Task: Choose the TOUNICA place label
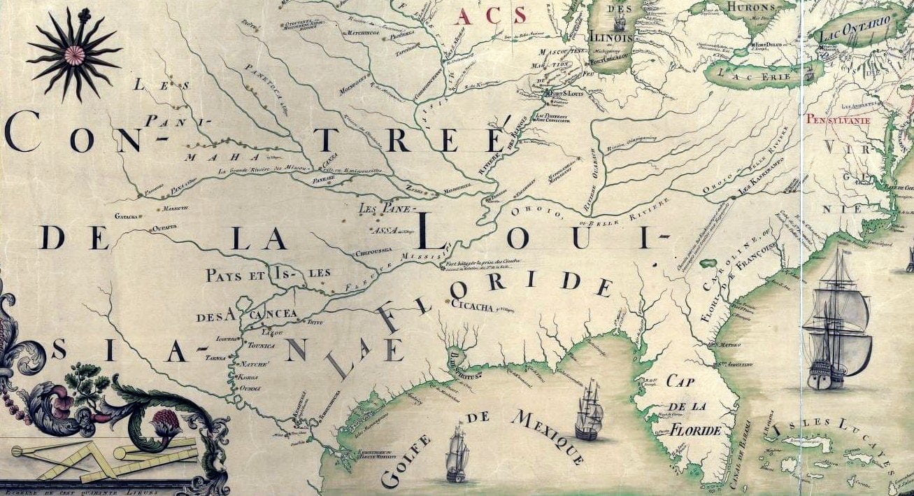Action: tap(259, 346)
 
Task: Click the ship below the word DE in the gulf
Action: tap(457, 454)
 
